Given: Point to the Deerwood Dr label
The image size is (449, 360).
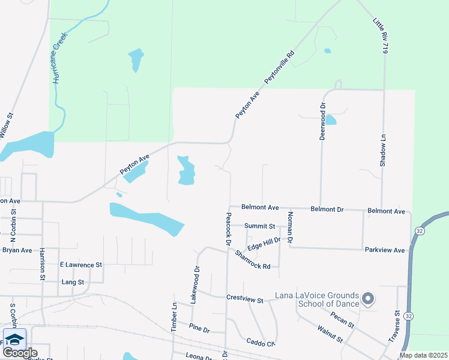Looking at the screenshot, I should click(x=322, y=121).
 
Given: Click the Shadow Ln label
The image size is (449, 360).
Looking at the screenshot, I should click(x=382, y=150).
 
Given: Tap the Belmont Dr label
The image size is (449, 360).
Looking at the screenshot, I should click(x=327, y=209).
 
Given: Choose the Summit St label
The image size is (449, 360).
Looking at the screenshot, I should click(x=260, y=226).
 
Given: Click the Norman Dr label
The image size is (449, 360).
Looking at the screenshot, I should click(x=291, y=227).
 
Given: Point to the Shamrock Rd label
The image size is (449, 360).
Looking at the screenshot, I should click(x=253, y=259).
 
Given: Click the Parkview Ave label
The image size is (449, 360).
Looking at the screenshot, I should click(x=385, y=250).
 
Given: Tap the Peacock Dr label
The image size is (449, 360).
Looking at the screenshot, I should click(x=228, y=229).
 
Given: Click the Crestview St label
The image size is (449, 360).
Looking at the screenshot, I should click(x=245, y=298).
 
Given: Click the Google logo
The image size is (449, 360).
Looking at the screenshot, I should click(x=20, y=352).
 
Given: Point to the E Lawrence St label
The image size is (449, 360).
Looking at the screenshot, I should click(x=81, y=264).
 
